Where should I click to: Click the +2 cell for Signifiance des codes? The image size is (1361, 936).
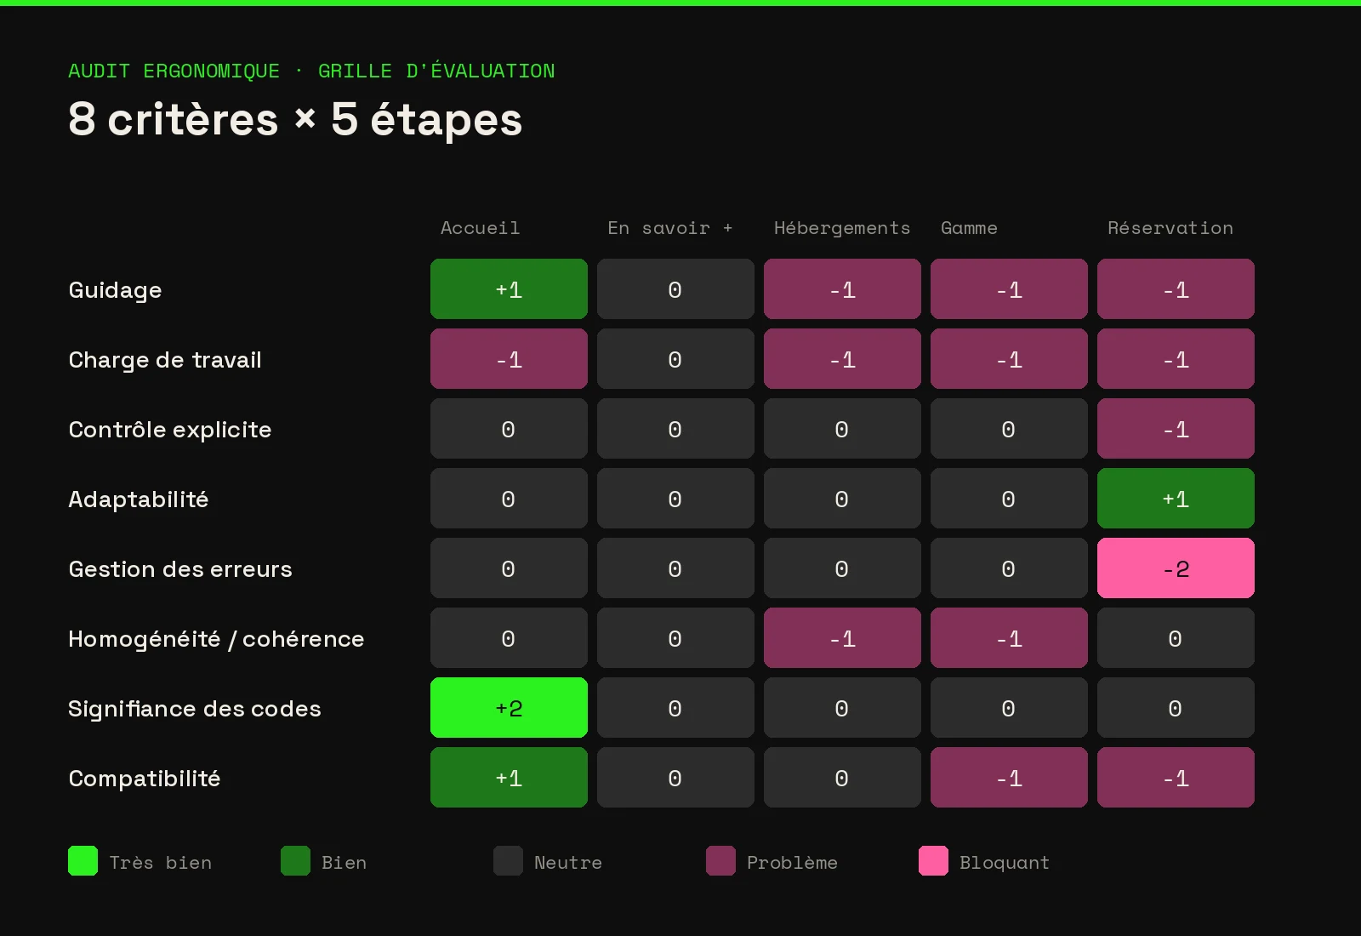click(509, 707)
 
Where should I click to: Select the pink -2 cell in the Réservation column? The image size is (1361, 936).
click(1176, 568)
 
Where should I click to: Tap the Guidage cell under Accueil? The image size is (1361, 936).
click(509, 288)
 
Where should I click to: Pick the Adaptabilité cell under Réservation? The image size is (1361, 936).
click(1176, 498)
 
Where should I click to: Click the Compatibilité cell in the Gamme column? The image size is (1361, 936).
click(1009, 778)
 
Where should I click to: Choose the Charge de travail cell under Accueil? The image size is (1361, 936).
click(509, 358)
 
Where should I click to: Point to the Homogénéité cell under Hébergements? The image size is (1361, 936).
click(842, 637)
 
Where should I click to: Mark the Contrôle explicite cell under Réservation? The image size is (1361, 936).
click(1176, 429)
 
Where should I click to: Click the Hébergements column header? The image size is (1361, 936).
click(842, 228)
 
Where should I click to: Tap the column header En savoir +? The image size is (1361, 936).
click(670, 228)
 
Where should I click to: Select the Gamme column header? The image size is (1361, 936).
click(969, 228)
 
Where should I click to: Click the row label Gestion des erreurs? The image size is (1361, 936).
click(180, 569)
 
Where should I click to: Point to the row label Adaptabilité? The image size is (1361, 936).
click(139, 499)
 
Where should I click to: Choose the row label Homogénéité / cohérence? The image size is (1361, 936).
click(216, 639)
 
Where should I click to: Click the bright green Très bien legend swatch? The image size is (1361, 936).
click(83, 860)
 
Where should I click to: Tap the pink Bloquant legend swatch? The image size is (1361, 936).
click(933, 860)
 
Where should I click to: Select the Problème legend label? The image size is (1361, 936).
click(792, 863)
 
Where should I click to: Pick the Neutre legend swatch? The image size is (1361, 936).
click(508, 860)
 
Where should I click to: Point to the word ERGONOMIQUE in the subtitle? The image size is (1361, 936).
click(212, 71)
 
